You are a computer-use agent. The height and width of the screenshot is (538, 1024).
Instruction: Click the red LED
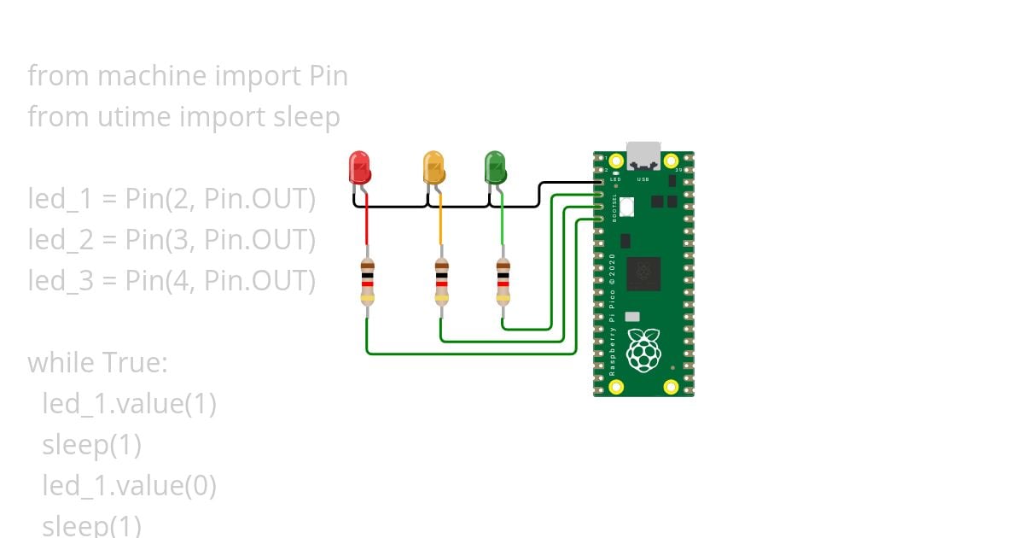click(x=360, y=167)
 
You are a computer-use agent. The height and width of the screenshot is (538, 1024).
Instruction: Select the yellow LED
click(x=434, y=167)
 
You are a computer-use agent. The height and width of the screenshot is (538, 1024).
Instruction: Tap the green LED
click(x=495, y=167)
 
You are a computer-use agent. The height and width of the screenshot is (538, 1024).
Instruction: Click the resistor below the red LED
click(x=367, y=282)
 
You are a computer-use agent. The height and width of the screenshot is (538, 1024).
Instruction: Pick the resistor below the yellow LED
click(x=441, y=282)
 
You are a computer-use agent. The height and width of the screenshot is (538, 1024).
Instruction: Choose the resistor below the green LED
click(x=503, y=282)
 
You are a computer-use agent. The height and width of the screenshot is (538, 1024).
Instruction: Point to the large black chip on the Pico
click(x=643, y=273)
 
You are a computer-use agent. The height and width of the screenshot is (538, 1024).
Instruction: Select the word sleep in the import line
click(x=306, y=117)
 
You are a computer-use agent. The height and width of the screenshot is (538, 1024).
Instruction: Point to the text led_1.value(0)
click(x=130, y=486)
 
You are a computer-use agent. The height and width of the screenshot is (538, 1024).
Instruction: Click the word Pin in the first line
click(x=328, y=76)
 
